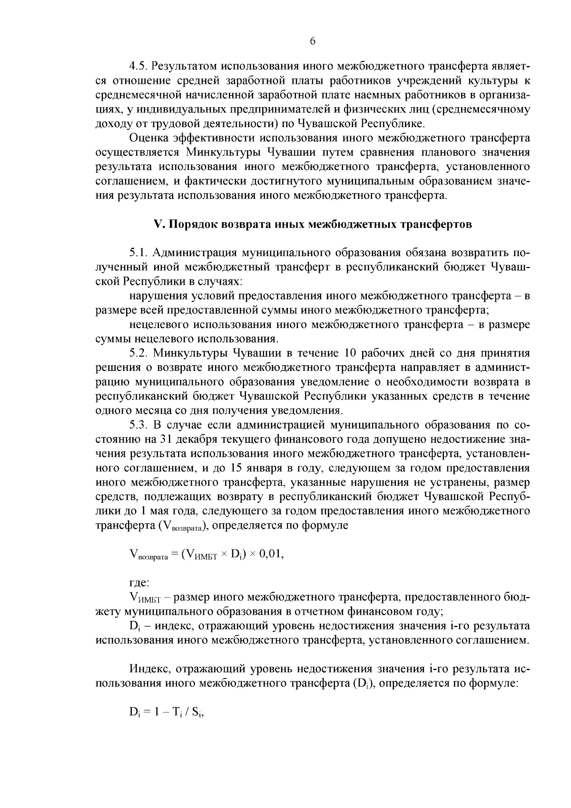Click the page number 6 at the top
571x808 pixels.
pyautogui.click(x=313, y=41)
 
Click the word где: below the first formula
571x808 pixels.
pyautogui.click(x=139, y=583)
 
